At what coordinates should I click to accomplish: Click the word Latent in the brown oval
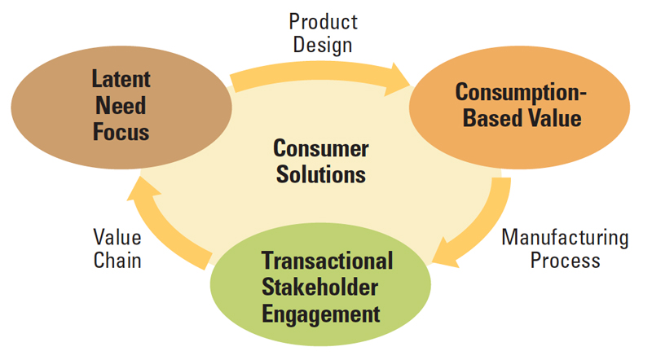point(121,79)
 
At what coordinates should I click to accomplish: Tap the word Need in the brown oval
point(121,106)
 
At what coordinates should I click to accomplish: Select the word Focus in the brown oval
point(121,132)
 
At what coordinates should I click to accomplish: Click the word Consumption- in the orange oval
point(521,93)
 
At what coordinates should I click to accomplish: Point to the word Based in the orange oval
point(489,117)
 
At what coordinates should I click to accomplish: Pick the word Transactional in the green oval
point(328,261)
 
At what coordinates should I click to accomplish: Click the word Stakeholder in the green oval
point(319,288)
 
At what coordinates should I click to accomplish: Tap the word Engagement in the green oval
point(320,314)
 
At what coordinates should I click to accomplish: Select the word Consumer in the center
point(321,148)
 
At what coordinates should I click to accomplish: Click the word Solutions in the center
point(321,174)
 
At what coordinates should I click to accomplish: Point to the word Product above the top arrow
point(323,22)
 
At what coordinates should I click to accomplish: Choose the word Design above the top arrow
point(323,46)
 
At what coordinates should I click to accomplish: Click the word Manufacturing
point(565,238)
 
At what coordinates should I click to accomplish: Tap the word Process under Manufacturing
point(565,261)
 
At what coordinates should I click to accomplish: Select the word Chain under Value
point(117,261)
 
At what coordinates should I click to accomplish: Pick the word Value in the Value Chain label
point(117,237)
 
